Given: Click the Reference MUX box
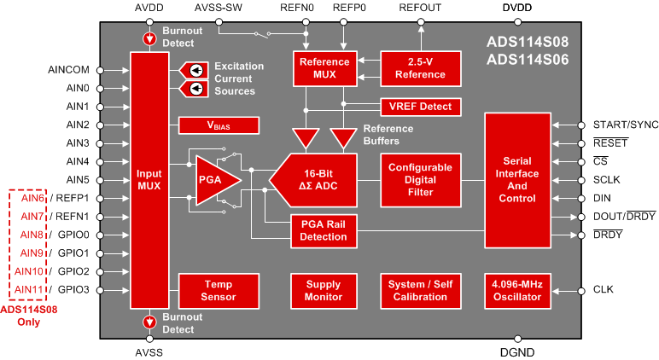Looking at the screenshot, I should click(324, 68).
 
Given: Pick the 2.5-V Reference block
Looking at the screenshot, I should click(420, 68).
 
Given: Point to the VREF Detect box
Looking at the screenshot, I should click(420, 107).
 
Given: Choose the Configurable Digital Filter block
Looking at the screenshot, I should click(420, 180).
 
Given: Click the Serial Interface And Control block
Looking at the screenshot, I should click(517, 180).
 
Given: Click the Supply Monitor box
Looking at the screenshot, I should click(324, 291).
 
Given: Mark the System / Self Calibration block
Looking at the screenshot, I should click(420, 291).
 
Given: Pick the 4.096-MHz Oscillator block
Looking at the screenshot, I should click(517, 291).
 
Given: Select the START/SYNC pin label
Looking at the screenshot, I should click(626, 125).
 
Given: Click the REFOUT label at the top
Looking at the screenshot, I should click(420, 8).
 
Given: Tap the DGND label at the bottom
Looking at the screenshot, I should click(517, 351).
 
